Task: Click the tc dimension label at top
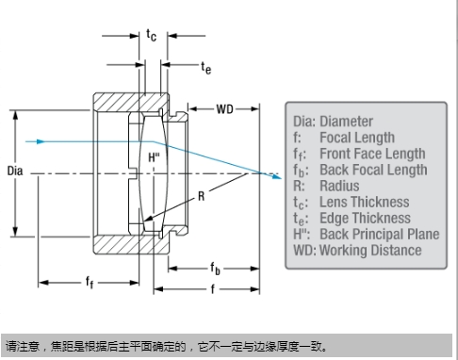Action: tap(151, 35)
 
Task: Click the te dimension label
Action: tap(206, 68)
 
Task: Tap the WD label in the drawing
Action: tap(224, 109)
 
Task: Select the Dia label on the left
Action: tap(15, 171)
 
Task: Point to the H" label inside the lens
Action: tap(154, 157)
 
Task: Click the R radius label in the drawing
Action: tap(202, 196)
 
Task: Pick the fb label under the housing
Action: tap(215, 269)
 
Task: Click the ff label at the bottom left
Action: tap(90, 282)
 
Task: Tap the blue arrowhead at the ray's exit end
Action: tap(277, 176)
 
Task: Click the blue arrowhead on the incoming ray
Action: tap(41, 141)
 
